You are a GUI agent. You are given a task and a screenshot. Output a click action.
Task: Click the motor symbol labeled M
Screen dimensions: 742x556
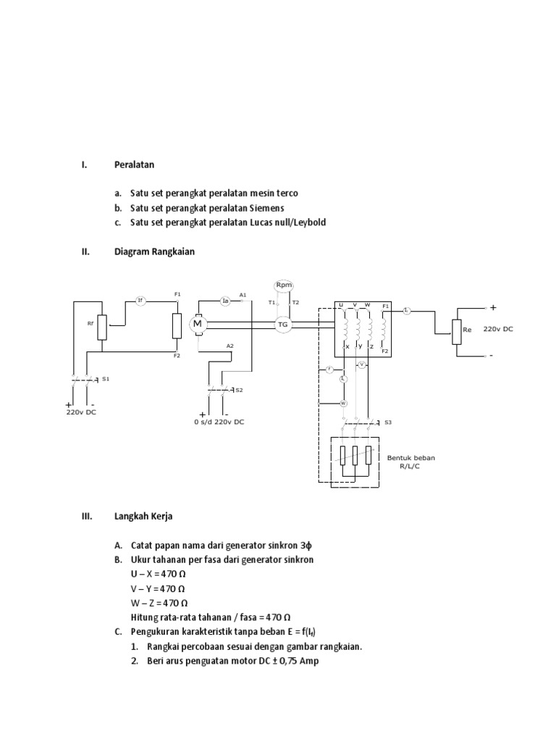197,325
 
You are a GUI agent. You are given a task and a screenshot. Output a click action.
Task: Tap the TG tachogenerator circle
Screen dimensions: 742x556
283,325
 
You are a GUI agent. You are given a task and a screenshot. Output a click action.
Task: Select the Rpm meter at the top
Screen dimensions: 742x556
283,285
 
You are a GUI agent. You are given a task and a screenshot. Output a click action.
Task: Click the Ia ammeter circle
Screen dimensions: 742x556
225,300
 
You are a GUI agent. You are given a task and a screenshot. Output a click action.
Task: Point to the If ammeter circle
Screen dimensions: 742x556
141,300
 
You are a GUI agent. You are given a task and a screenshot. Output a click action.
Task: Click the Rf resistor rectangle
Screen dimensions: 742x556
102,327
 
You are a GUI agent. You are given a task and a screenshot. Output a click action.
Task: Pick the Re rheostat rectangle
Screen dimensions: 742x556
456,331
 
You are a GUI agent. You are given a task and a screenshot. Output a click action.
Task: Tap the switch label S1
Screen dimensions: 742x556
106,378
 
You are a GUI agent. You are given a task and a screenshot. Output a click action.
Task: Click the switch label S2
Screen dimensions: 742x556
239,390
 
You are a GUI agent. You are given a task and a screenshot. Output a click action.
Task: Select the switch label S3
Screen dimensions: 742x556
388,422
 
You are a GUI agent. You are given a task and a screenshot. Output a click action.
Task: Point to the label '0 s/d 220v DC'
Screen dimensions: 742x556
219,421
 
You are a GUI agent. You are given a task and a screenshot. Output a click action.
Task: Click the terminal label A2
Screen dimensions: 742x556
230,346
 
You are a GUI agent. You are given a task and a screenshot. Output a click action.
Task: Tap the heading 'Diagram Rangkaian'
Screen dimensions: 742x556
154,252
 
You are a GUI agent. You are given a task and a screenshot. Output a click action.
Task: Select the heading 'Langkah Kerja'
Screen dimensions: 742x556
143,517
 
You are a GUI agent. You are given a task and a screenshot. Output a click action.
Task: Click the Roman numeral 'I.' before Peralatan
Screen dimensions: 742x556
84,164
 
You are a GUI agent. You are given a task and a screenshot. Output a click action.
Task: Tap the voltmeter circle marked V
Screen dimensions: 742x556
362,365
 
